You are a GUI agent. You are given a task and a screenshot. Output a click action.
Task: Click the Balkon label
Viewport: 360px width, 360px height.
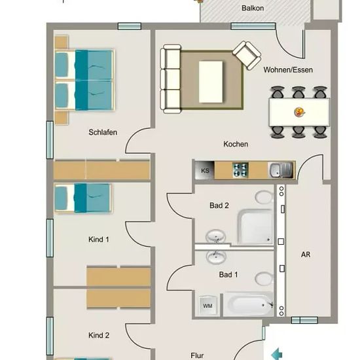pyautogui.click(x=253, y=9)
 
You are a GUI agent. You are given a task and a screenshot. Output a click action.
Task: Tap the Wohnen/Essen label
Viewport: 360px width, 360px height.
pyautogui.click(x=288, y=70)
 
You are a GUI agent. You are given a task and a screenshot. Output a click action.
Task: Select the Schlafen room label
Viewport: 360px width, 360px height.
pyautogui.click(x=103, y=132)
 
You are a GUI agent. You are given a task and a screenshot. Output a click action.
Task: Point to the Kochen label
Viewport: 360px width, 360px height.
pyautogui.click(x=236, y=144)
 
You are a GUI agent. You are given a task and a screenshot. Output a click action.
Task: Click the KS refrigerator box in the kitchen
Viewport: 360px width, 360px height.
pyautogui.click(x=205, y=170)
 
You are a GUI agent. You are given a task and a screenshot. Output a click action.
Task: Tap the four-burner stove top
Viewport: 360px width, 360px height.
pyautogui.click(x=240, y=170)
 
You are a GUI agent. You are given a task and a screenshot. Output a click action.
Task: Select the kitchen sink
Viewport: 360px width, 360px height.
pyautogui.click(x=281, y=170)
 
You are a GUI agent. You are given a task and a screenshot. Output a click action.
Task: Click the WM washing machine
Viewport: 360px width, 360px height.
pyautogui.click(x=207, y=306)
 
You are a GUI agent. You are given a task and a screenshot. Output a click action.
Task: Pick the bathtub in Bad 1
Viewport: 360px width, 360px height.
pyautogui.click(x=249, y=304)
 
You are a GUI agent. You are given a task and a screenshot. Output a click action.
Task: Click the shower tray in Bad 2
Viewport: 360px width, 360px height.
pyautogui.click(x=255, y=227)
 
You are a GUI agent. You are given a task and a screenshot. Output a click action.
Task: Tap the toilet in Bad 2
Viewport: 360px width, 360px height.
pyautogui.click(x=264, y=197)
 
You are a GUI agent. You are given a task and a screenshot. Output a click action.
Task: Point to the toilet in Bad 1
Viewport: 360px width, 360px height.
pyautogui.click(x=264, y=278)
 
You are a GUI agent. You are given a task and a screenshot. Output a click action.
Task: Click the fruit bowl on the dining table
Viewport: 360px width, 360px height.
pyautogui.click(x=300, y=112)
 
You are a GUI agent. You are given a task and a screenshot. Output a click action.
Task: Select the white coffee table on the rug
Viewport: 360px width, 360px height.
pyautogui.click(x=211, y=82)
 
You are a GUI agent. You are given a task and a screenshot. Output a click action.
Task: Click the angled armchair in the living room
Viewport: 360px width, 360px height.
pyautogui.click(x=247, y=55)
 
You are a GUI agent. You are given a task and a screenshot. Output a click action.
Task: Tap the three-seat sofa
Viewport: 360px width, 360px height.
pyautogui.click(x=171, y=79)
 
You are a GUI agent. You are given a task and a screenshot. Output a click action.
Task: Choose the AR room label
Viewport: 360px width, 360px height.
pyautogui.click(x=306, y=255)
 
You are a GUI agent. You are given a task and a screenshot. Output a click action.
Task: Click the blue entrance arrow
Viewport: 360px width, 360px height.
pyautogui.click(x=277, y=353)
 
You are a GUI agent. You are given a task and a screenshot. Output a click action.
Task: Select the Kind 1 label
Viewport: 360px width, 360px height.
pyautogui.click(x=98, y=240)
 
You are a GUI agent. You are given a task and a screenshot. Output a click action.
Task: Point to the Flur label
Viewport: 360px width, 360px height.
pyautogui.click(x=197, y=355)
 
